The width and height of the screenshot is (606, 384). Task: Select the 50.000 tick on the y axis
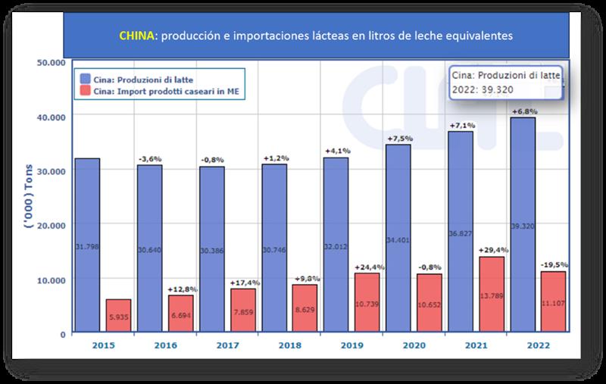[x=51, y=63]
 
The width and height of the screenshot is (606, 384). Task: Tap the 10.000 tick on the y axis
[x=51, y=279]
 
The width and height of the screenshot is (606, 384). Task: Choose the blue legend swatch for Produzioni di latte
[x=83, y=77]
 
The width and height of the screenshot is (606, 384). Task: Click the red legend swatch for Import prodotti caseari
[x=83, y=92]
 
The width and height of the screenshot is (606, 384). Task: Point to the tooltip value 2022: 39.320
[x=485, y=91]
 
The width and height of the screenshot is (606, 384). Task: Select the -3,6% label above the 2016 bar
[x=150, y=158]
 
